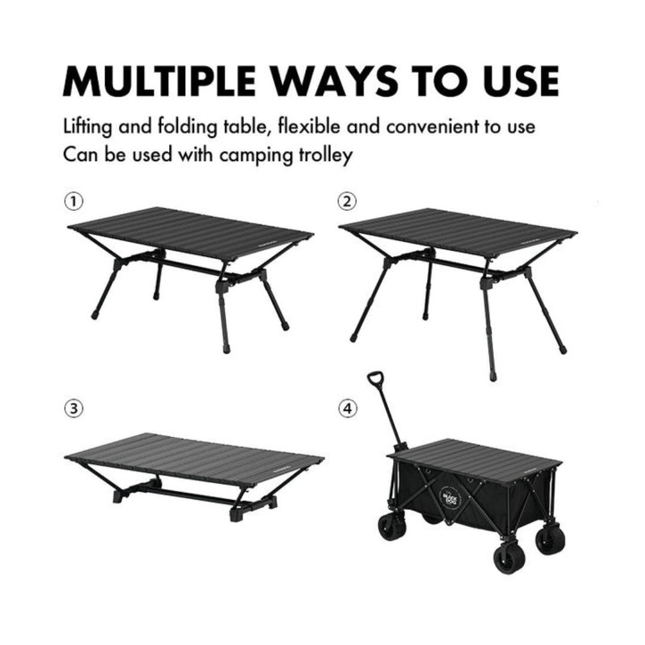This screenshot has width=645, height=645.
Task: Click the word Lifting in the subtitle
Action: point(88,127)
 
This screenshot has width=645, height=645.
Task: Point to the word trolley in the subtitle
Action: point(325,155)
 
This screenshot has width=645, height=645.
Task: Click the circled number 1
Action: point(74,201)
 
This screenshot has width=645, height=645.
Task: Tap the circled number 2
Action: point(346,201)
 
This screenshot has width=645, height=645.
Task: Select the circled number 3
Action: point(74,408)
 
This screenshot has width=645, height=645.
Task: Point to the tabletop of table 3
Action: point(194,459)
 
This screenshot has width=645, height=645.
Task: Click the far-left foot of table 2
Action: point(354,338)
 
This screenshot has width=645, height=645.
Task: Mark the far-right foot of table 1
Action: point(285,327)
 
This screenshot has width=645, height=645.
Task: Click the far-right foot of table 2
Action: point(562,350)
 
